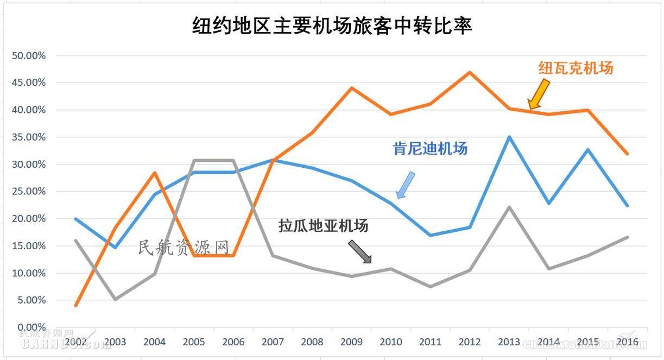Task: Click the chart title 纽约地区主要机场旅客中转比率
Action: [332, 26]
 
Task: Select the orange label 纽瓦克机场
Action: [576, 68]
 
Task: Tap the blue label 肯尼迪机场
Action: [430, 148]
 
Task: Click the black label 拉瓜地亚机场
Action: [324, 225]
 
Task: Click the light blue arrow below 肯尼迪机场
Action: [405, 185]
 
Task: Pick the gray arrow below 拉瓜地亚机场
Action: [359, 252]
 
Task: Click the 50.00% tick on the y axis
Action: [28, 55]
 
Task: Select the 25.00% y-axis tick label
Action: [28, 191]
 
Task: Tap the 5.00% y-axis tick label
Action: [30, 300]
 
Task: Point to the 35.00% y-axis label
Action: [28, 137]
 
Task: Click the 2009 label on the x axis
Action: [352, 342]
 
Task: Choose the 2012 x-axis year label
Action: [470, 342]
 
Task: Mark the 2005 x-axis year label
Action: [194, 342]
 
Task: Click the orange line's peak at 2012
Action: [470, 72]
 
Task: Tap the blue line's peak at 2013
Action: [509, 137]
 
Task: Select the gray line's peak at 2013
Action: [509, 207]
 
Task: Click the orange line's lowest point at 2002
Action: [76, 305]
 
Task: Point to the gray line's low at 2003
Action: [115, 299]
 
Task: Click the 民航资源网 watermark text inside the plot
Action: [184, 248]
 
